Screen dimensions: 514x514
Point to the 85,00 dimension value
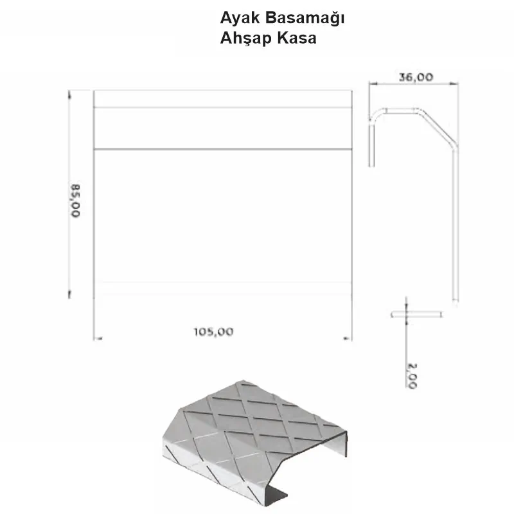pos(76,200)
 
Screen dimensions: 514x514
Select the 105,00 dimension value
pos(213,332)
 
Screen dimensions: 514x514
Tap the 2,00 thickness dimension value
pos(411,375)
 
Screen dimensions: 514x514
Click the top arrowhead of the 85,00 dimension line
pos(69,94)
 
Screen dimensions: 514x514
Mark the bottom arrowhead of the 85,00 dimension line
pos(69,295)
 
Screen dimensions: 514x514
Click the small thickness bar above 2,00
pos(416,315)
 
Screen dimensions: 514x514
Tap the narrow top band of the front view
pos(223,99)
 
